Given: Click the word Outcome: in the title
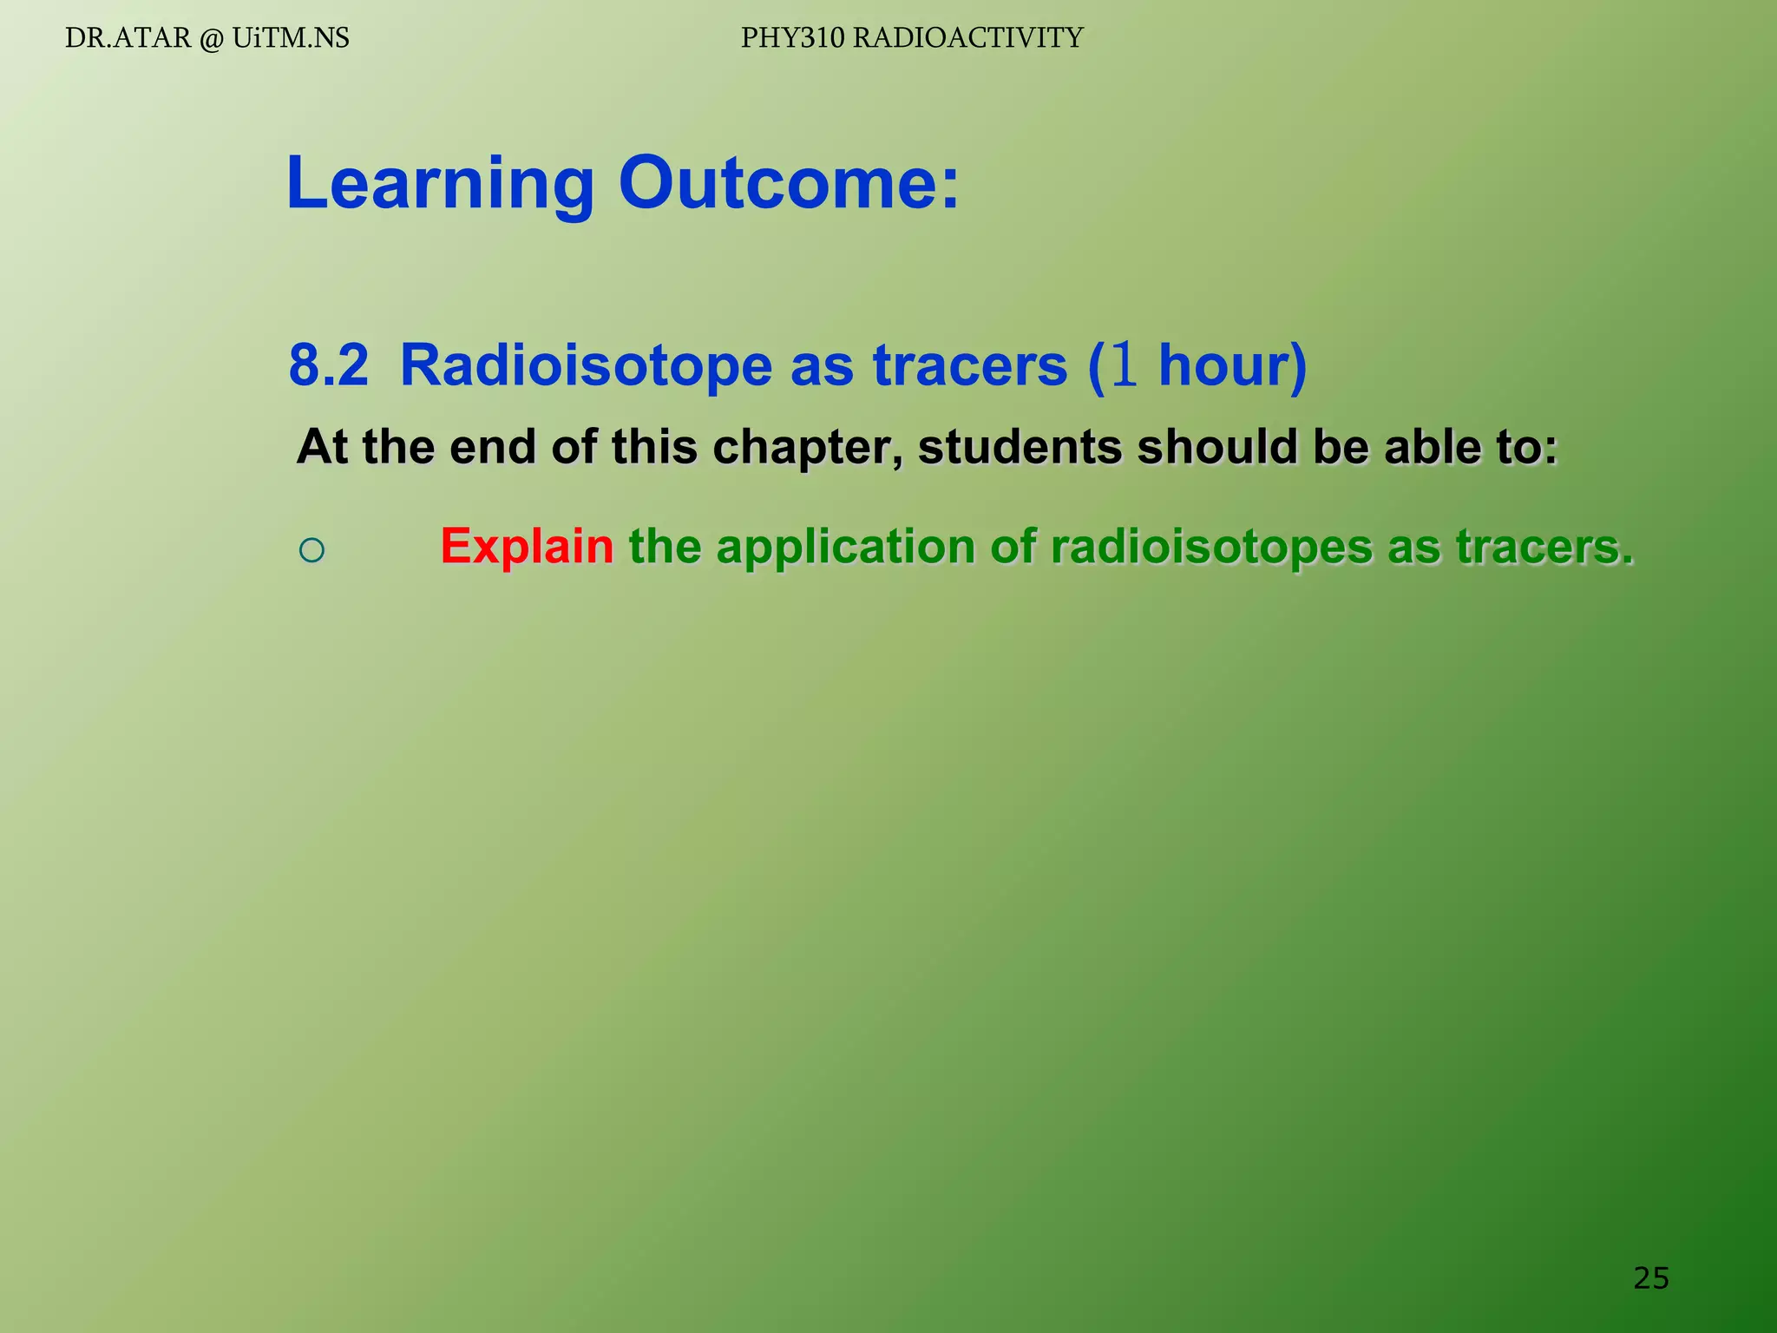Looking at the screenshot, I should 789,184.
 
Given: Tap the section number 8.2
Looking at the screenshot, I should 329,364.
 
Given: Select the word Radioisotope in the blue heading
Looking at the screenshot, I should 586,364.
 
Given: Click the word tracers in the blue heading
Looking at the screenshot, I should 970,364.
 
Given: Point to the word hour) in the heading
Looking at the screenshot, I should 1232,364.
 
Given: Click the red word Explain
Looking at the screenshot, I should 527,547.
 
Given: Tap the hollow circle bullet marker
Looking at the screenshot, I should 311,549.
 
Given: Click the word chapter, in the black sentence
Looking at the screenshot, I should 807,448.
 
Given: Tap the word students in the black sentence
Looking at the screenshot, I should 1020,448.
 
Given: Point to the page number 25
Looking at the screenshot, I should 1650,1277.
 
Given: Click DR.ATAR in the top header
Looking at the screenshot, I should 128,38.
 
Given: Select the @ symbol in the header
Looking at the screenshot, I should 211,39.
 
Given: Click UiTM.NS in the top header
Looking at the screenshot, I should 291,38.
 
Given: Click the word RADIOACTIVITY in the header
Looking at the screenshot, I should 968,38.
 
